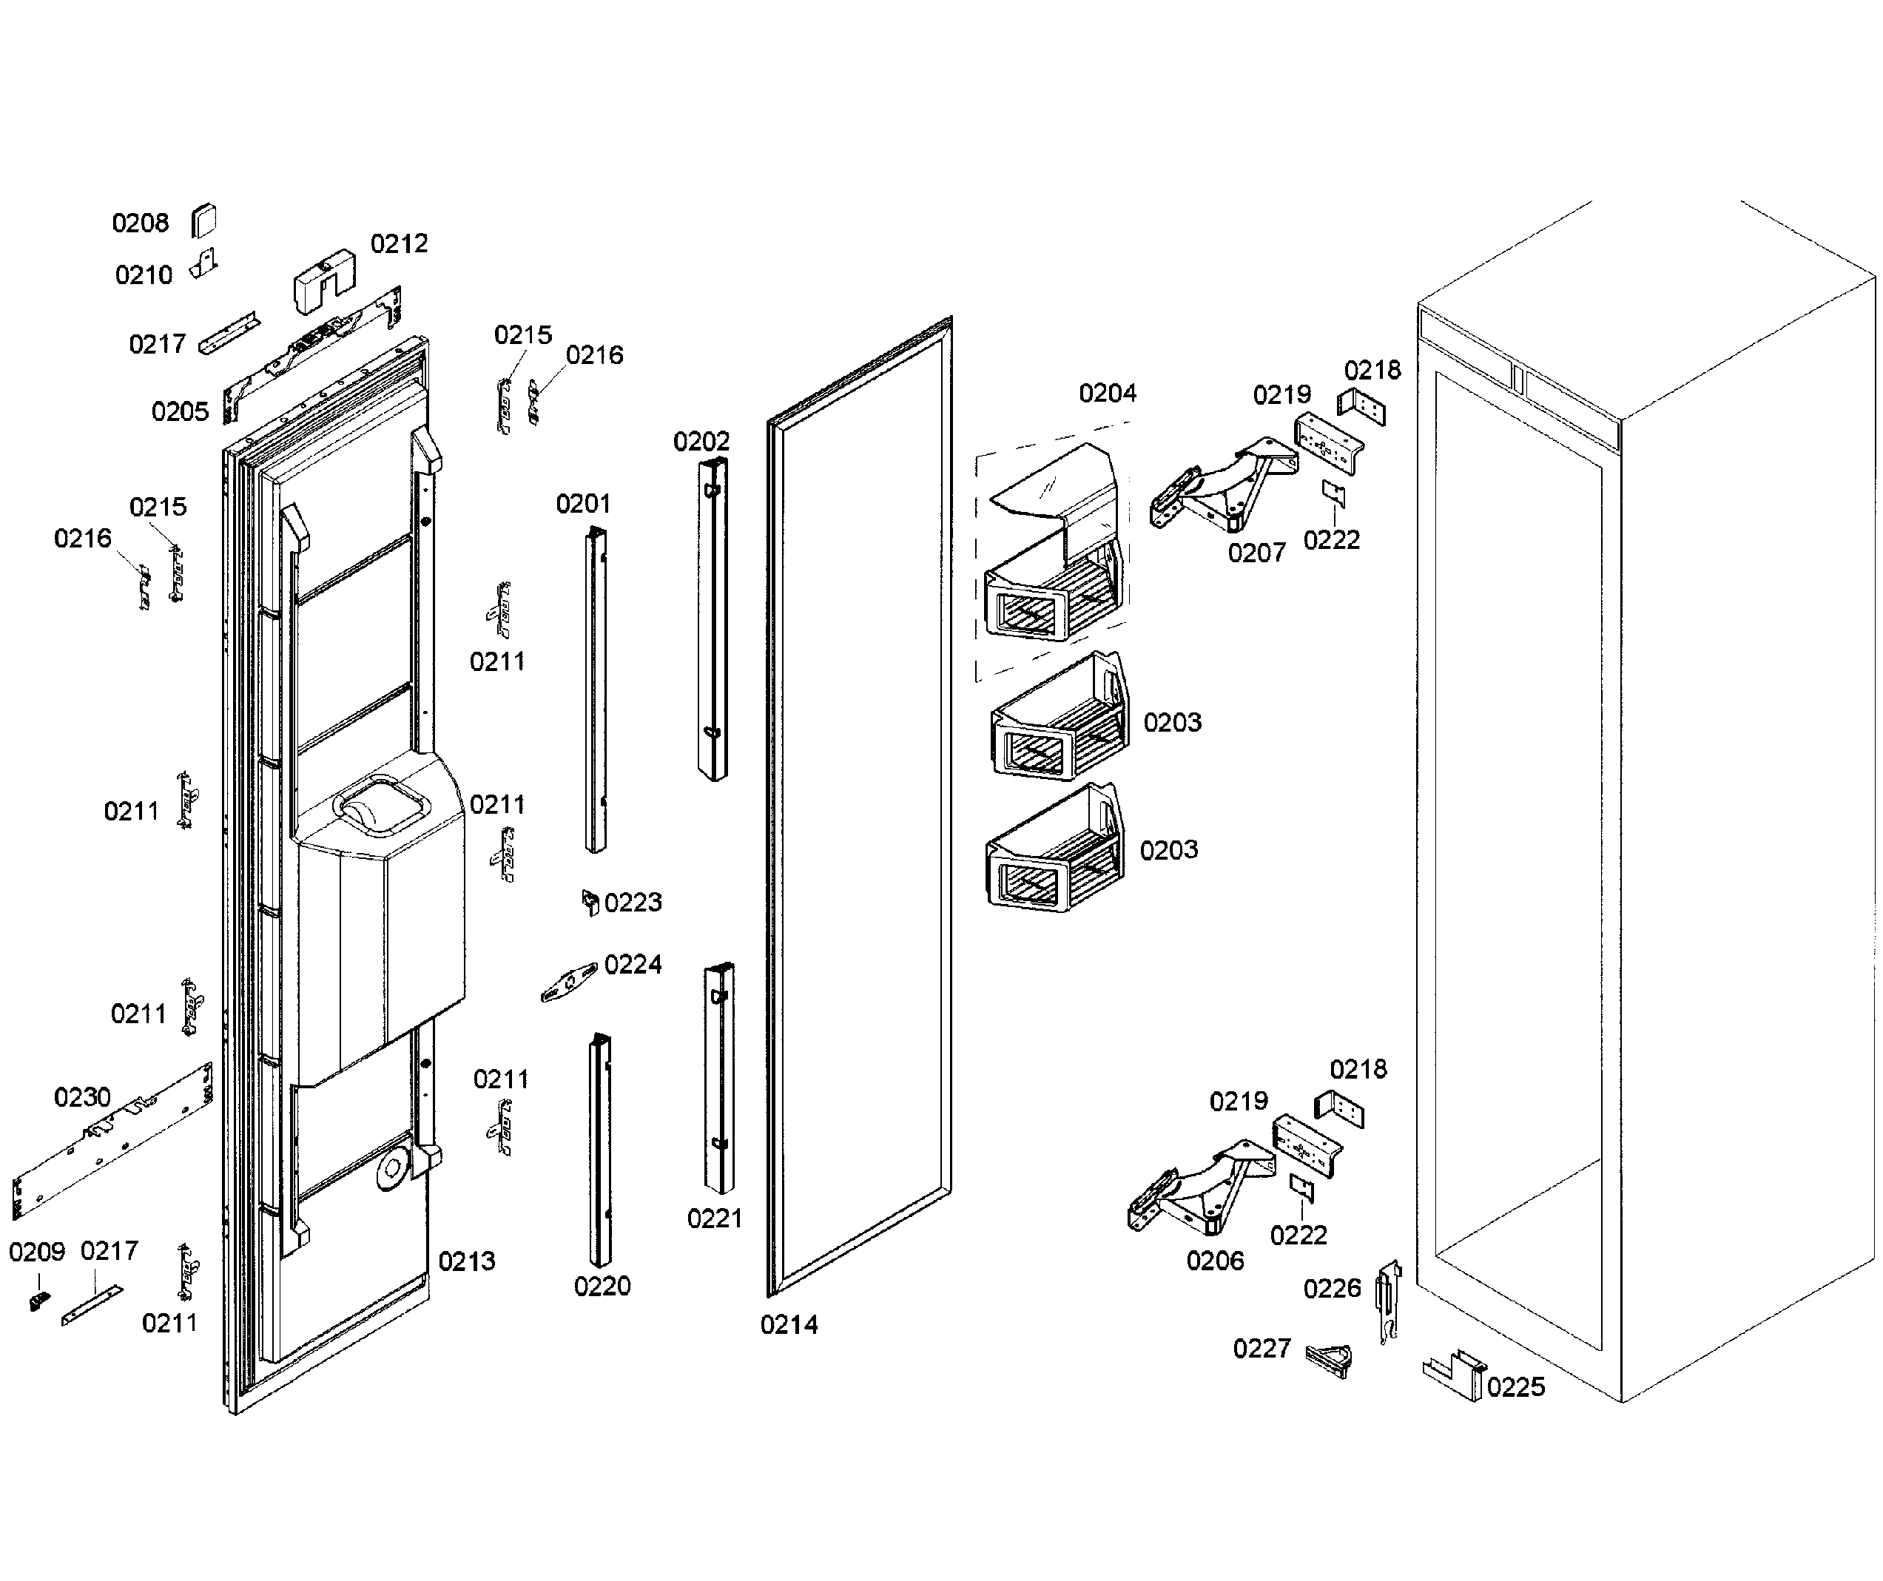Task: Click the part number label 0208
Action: (x=140, y=223)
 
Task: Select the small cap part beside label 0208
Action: (x=204, y=220)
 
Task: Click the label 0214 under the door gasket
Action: (x=789, y=1324)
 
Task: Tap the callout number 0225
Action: (x=1516, y=1387)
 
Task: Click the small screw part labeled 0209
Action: (x=38, y=1301)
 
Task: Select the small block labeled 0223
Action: (x=590, y=902)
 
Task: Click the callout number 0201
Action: (x=583, y=504)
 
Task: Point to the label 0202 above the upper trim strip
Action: (x=701, y=441)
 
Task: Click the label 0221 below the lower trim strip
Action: (x=715, y=1218)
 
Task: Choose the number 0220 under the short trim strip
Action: (x=602, y=1287)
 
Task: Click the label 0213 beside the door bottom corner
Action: (x=466, y=1261)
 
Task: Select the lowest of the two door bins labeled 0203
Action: (x=1053, y=857)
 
